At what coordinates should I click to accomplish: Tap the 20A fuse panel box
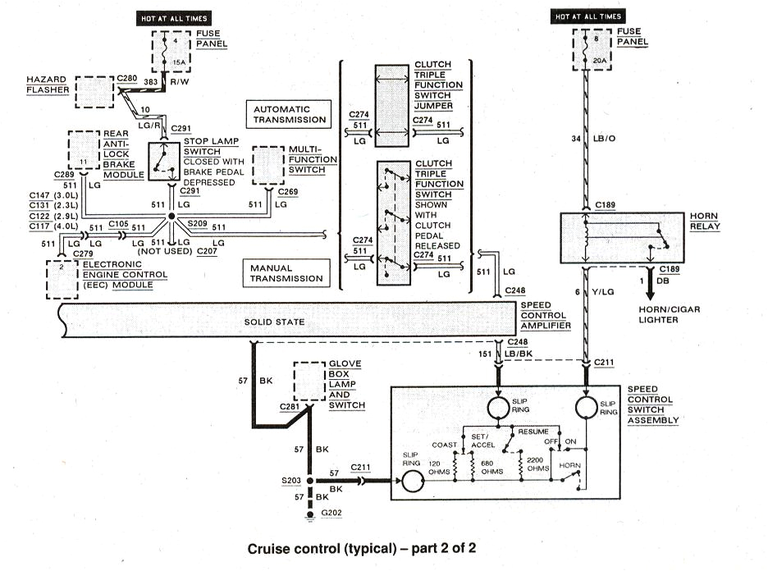(584, 51)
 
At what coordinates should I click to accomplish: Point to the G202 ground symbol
(311, 514)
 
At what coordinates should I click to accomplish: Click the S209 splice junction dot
(171, 217)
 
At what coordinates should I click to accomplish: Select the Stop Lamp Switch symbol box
(165, 161)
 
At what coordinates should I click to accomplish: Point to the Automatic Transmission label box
(290, 114)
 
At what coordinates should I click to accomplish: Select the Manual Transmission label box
(287, 272)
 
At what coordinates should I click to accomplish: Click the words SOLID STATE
(275, 322)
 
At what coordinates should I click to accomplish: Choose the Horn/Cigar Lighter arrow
(648, 290)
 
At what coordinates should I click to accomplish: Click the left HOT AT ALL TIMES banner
(173, 17)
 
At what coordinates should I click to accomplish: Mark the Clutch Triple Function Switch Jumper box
(391, 106)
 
